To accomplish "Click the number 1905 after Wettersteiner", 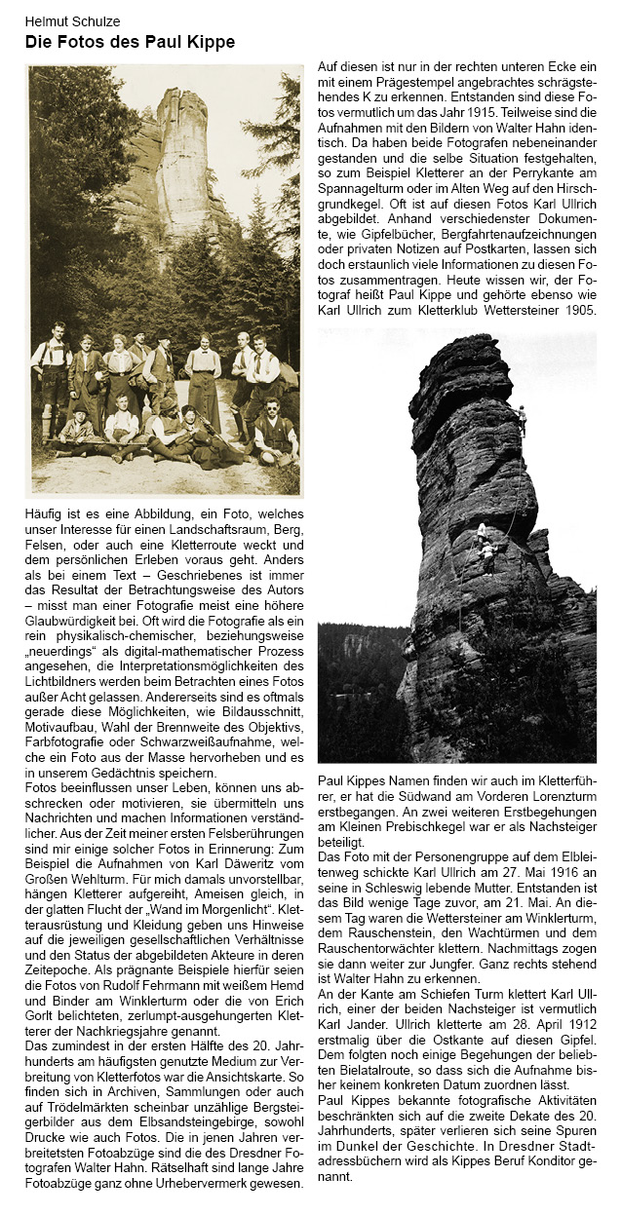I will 579,310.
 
